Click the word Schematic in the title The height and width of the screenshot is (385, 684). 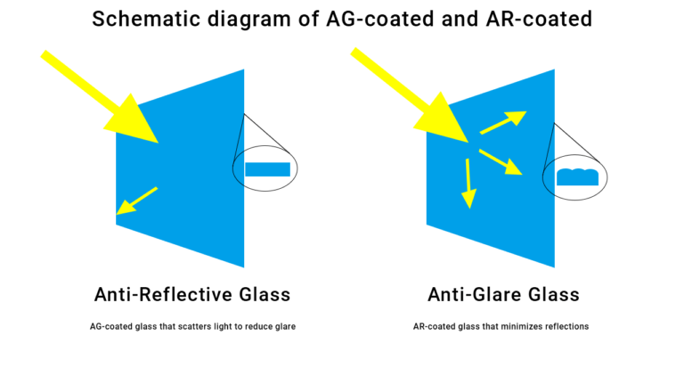pos(147,20)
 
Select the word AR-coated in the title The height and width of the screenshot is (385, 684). pos(539,20)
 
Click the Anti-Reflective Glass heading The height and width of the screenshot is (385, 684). pos(192,295)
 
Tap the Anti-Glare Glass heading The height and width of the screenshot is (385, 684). pos(503,295)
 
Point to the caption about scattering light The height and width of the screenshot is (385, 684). pos(192,326)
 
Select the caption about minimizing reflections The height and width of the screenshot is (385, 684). pos(501,326)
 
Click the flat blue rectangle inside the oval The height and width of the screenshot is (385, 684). pos(267,169)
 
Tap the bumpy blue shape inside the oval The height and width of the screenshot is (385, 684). pos(577,177)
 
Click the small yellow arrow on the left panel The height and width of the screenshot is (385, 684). pos(136,201)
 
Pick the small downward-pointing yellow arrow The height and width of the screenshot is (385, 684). pos(468,184)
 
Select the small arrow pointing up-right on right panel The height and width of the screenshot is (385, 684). pos(503,123)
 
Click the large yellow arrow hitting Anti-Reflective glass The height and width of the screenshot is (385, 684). pos(100,97)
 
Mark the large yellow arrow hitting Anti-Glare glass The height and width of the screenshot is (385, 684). pos(410,94)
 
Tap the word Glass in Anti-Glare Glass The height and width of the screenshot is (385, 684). pos(554,295)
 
